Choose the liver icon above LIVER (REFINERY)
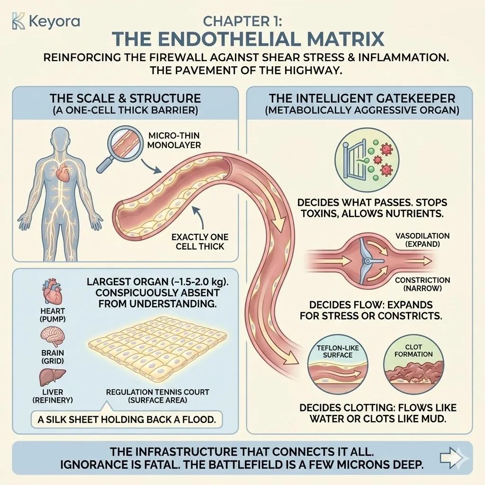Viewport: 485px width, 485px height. [x=49, y=377]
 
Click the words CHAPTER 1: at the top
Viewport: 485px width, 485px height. [x=242, y=21]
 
